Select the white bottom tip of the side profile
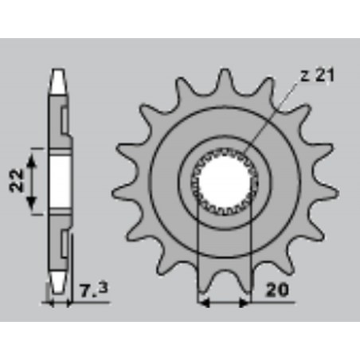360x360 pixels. click(57, 280)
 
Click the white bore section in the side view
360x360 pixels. click(57, 181)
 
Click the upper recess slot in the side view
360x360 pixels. click(63, 119)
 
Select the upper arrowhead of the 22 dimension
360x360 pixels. click(33, 154)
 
